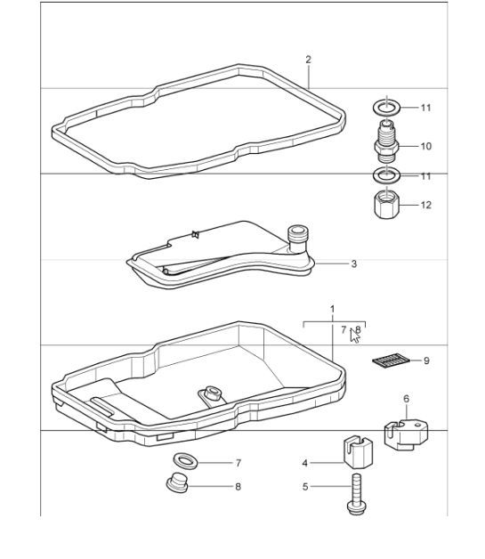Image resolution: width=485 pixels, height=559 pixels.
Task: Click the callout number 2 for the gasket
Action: (308, 60)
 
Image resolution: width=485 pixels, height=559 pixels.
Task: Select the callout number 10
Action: (425, 145)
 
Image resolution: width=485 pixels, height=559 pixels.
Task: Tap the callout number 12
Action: (425, 205)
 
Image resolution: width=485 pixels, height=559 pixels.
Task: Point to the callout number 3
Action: (353, 263)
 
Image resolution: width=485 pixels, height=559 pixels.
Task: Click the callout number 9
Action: (425, 361)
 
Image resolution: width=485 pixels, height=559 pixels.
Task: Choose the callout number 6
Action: (406, 400)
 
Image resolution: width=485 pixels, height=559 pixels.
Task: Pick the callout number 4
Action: (304, 463)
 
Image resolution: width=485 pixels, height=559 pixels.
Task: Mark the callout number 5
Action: (304, 487)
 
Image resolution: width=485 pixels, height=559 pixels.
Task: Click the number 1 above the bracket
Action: (332, 309)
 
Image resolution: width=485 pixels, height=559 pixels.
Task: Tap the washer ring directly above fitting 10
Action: (386, 109)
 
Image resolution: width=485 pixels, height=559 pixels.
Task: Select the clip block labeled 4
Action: (354, 452)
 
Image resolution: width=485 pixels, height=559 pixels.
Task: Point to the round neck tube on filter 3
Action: (299, 236)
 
